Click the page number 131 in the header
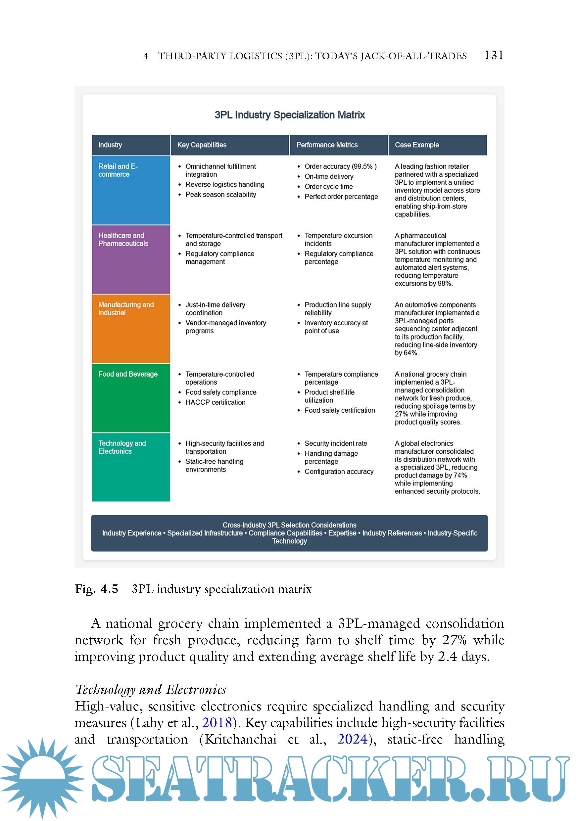pos(493,55)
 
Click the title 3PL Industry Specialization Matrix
pos(289,115)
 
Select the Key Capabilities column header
pos(202,145)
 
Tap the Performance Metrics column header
pos(326,145)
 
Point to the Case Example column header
pos(417,145)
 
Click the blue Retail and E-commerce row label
pos(131,190)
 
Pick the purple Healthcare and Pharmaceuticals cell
pos(131,259)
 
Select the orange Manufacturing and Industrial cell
pos(131,329)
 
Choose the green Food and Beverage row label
pos(131,398)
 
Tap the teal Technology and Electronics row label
pos(131,467)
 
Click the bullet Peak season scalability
pos(221,195)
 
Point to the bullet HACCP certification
pos(215,402)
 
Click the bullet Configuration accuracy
pos(339,472)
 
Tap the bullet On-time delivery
pos(329,176)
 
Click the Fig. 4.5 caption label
pos(96,589)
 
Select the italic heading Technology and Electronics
pos(151,690)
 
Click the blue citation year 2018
pos(217,723)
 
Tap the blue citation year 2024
pos(352,739)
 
